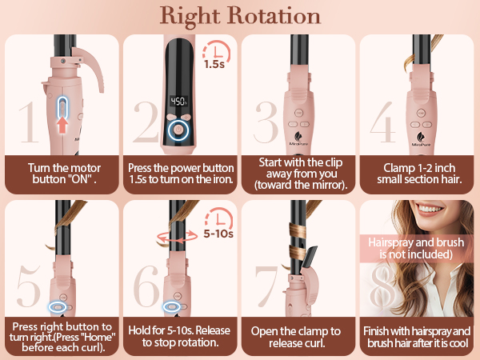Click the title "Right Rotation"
pyautogui.click(x=239, y=16)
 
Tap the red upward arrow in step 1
pyautogui.click(x=63, y=122)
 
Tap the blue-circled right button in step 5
pyautogui.click(x=56, y=305)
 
